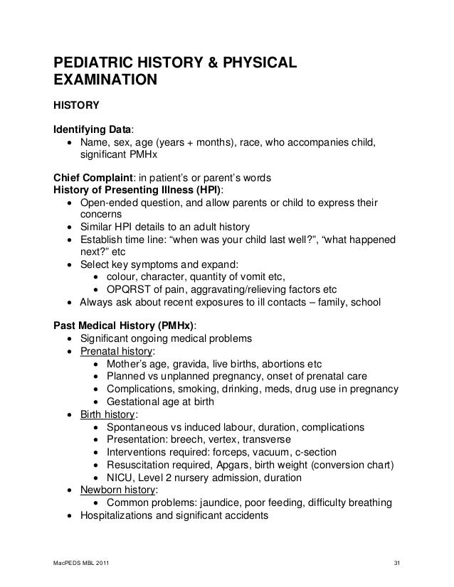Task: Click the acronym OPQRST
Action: [128, 289]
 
